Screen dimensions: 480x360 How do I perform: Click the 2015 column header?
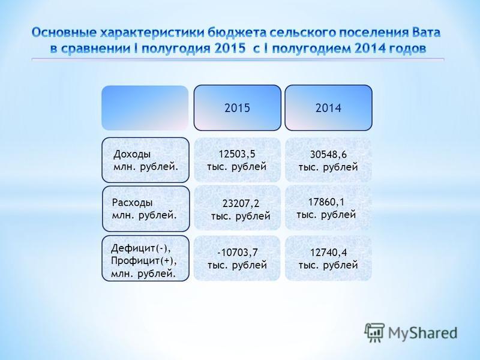point(237,108)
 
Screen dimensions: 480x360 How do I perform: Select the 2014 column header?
point(328,108)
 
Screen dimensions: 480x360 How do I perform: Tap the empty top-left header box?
point(145,108)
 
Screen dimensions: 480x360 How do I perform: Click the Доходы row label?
point(145,160)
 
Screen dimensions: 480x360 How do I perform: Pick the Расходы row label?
point(146,208)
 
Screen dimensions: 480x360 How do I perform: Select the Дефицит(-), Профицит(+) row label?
point(145,258)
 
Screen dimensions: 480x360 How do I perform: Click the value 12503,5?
point(237,154)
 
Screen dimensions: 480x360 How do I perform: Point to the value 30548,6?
point(328,154)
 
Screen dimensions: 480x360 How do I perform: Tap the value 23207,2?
point(241,203)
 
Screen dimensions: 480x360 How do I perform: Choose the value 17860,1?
point(326,202)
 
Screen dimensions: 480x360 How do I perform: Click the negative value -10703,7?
point(238,253)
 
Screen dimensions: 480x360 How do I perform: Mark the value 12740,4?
point(328,253)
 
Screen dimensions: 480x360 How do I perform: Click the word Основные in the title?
point(64,33)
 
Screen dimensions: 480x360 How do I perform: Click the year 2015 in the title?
point(230,49)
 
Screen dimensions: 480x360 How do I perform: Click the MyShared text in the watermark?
point(423,333)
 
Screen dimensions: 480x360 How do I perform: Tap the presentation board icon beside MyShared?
point(374,332)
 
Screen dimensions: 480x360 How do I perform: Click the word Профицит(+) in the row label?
point(144,261)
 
